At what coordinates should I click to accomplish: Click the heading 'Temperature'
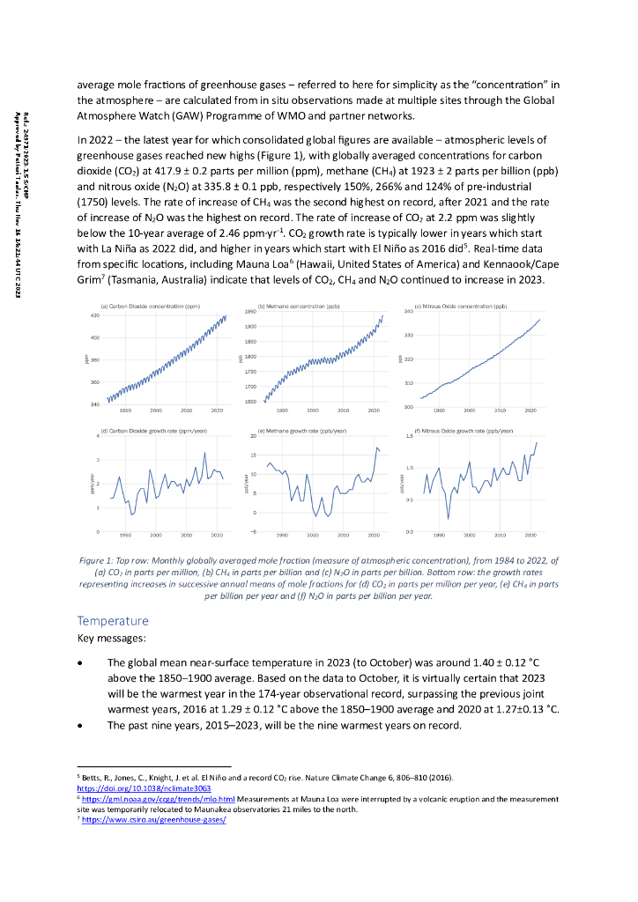click(x=114, y=621)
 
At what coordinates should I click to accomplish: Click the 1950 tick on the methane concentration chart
click(x=250, y=312)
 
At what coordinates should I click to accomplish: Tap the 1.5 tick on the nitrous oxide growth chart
click(x=409, y=436)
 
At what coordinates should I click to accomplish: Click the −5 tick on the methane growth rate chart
click(x=252, y=532)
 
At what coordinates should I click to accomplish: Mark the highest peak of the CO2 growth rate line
click(x=205, y=453)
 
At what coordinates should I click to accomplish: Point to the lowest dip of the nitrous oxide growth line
click(x=448, y=518)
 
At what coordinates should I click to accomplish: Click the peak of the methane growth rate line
click(x=377, y=447)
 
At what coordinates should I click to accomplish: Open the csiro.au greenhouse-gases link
click(x=154, y=819)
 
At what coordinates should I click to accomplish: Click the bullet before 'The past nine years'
click(x=81, y=726)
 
